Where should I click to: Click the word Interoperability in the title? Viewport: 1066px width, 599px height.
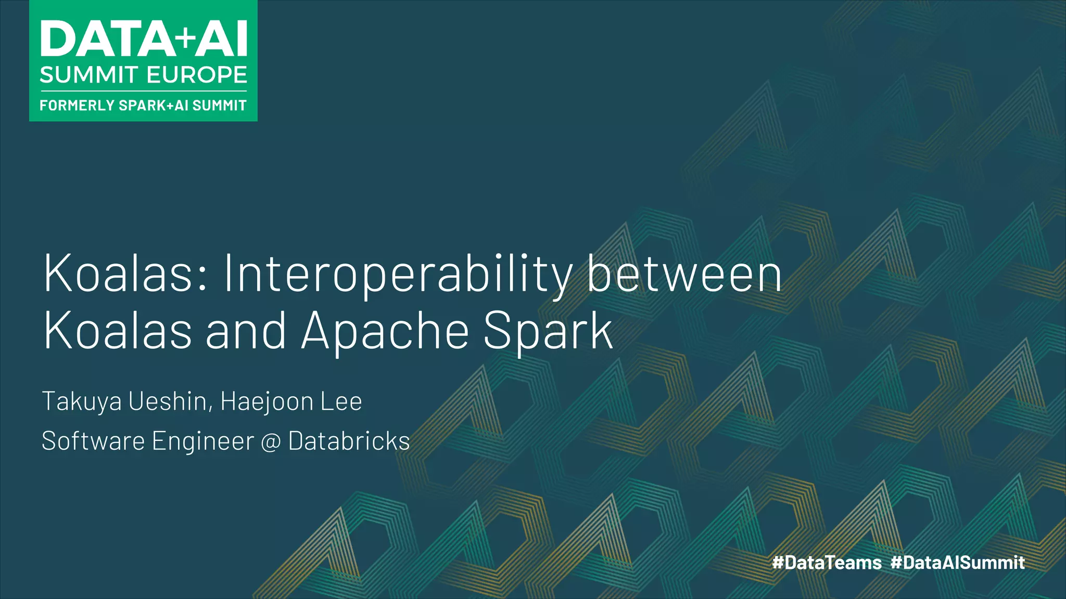click(x=398, y=275)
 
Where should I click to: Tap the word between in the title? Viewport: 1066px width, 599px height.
click(x=684, y=275)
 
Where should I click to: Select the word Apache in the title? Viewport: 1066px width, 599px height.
click(x=385, y=331)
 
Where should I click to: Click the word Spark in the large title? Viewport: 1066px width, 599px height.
click(x=548, y=331)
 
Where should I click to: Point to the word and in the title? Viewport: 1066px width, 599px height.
click(x=246, y=331)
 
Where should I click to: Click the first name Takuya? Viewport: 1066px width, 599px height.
click(x=82, y=402)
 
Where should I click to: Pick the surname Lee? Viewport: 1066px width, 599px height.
click(x=341, y=401)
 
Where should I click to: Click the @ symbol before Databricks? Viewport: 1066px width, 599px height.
click(x=271, y=442)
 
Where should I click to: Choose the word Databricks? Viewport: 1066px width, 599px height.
click(x=349, y=441)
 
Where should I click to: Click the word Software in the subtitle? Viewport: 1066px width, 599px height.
click(x=93, y=441)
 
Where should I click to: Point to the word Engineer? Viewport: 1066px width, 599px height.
click(x=203, y=442)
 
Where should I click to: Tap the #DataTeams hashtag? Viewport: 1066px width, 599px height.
click(x=827, y=563)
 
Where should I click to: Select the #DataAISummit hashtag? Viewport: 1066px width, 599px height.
click(x=958, y=563)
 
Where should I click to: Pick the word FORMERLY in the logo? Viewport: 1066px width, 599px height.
click(x=77, y=106)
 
